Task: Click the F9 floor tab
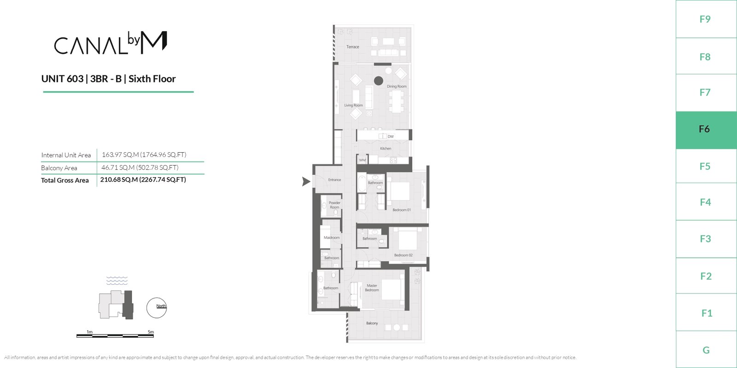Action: [x=706, y=19]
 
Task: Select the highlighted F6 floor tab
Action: [x=706, y=130]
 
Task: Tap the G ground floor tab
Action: [x=706, y=350]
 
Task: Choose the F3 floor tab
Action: [x=706, y=239]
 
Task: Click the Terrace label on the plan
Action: [x=353, y=47]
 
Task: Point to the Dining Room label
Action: [x=397, y=86]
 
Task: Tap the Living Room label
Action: [x=353, y=105]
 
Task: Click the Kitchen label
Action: [x=386, y=149]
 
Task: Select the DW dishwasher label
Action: [x=391, y=136]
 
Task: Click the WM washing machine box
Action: [x=362, y=160]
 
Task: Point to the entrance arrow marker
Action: [x=306, y=181]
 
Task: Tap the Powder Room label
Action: [x=334, y=205]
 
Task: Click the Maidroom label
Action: [x=332, y=237]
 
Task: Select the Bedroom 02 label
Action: [x=404, y=255]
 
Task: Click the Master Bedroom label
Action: [x=372, y=288]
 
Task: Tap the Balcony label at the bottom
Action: [x=372, y=323]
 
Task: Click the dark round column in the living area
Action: [x=378, y=80]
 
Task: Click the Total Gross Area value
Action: [x=143, y=180]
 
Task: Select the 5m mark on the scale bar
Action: [x=151, y=332]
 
